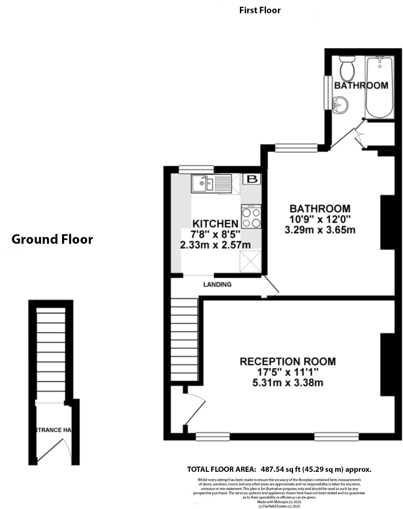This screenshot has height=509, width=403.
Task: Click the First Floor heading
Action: coord(260,10)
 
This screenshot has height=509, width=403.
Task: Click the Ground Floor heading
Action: coord(52,239)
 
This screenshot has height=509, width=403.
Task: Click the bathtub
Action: coord(380,87)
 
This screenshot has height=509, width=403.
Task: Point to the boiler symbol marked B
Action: coord(252,179)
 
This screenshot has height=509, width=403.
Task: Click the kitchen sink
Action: coord(203,184)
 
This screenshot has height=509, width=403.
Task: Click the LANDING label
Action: coord(217,285)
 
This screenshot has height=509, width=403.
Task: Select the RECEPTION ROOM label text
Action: coord(288,361)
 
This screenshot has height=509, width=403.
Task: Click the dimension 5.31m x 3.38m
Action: coord(288,383)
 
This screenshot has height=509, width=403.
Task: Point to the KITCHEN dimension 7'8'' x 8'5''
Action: coord(215,235)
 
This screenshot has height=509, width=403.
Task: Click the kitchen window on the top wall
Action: coord(196,169)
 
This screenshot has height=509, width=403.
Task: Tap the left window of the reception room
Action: coord(213,436)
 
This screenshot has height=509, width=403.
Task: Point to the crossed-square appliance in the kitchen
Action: coord(250,262)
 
